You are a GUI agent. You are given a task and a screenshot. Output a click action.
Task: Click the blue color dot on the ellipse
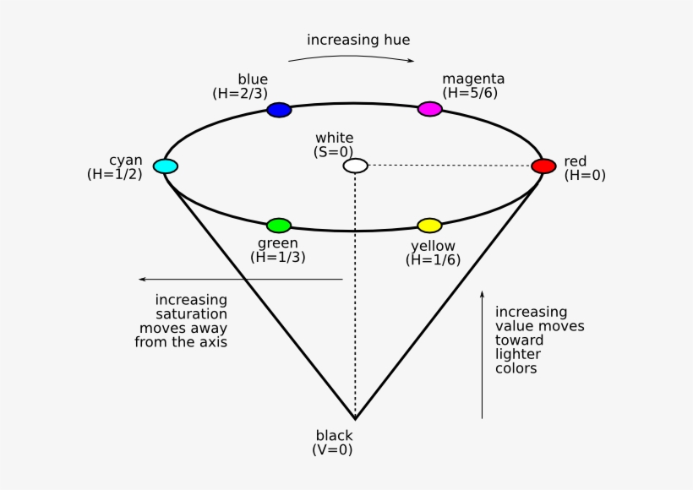[279, 110]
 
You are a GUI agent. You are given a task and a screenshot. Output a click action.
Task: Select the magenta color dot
[430, 109]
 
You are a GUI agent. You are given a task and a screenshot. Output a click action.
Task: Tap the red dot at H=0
[543, 166]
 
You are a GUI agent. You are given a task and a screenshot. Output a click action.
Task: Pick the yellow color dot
[429, 226]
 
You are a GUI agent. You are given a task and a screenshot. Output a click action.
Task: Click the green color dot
[279, 226]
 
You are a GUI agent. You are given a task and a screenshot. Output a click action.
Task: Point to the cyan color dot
[166, 166]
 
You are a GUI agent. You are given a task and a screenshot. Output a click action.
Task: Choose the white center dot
[356, 166]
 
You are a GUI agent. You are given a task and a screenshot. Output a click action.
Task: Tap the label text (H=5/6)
[471, 94]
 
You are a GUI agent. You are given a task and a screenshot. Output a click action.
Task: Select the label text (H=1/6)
[434, 260]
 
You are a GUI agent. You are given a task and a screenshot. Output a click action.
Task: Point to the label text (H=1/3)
[277, 258]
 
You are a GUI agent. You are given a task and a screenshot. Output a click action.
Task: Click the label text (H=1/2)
[114, 174]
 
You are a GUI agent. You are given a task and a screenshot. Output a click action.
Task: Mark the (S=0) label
[334, 152]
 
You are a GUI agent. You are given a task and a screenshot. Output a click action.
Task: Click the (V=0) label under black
[332, 449]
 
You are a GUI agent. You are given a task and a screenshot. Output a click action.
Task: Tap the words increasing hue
[358, 40]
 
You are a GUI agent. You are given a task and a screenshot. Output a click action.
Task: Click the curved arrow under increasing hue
[351, 57]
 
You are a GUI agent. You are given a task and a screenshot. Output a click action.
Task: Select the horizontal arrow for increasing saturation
[241, 279]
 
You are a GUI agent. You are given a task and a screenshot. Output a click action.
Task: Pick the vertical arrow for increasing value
[482, 355]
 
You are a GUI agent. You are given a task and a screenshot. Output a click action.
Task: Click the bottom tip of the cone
[355, 418]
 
